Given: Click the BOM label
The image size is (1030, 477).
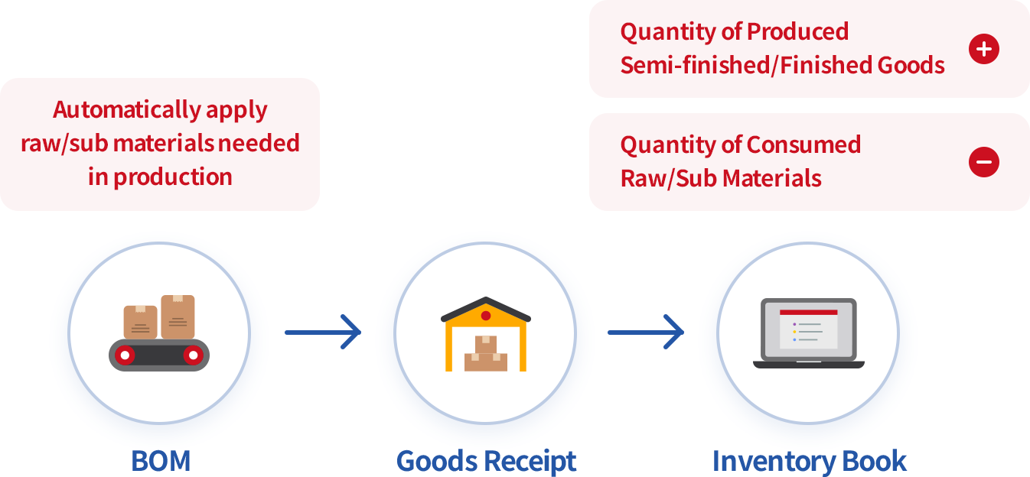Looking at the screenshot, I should (160, 461).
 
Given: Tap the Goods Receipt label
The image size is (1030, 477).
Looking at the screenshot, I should (486, 461).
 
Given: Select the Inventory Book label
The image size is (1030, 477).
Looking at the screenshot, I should (809, 461).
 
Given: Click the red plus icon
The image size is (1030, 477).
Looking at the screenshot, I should (983, 49).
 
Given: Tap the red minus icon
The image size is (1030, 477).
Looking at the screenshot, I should (983, 162).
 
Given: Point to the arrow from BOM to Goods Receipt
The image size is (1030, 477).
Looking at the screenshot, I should (322, 332).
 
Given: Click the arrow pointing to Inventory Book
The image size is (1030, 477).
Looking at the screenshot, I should (645, 332).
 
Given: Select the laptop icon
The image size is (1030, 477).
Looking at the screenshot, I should (808, 333).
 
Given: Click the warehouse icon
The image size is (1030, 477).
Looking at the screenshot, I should (486, 334).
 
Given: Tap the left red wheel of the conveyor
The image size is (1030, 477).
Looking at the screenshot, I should (125, 355).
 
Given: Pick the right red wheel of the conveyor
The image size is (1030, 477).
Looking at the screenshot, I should (193, 355).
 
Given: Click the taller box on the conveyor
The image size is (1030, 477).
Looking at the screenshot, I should (178, 316).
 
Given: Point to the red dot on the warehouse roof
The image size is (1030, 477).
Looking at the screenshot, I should (486, 316).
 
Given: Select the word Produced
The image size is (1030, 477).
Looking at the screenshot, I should (797, 32).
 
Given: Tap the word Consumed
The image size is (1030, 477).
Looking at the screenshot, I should (803, 145).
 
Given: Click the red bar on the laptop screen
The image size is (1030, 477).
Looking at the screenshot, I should (808, 313).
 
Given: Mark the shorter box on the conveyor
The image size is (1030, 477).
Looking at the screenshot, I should (140, 322).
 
